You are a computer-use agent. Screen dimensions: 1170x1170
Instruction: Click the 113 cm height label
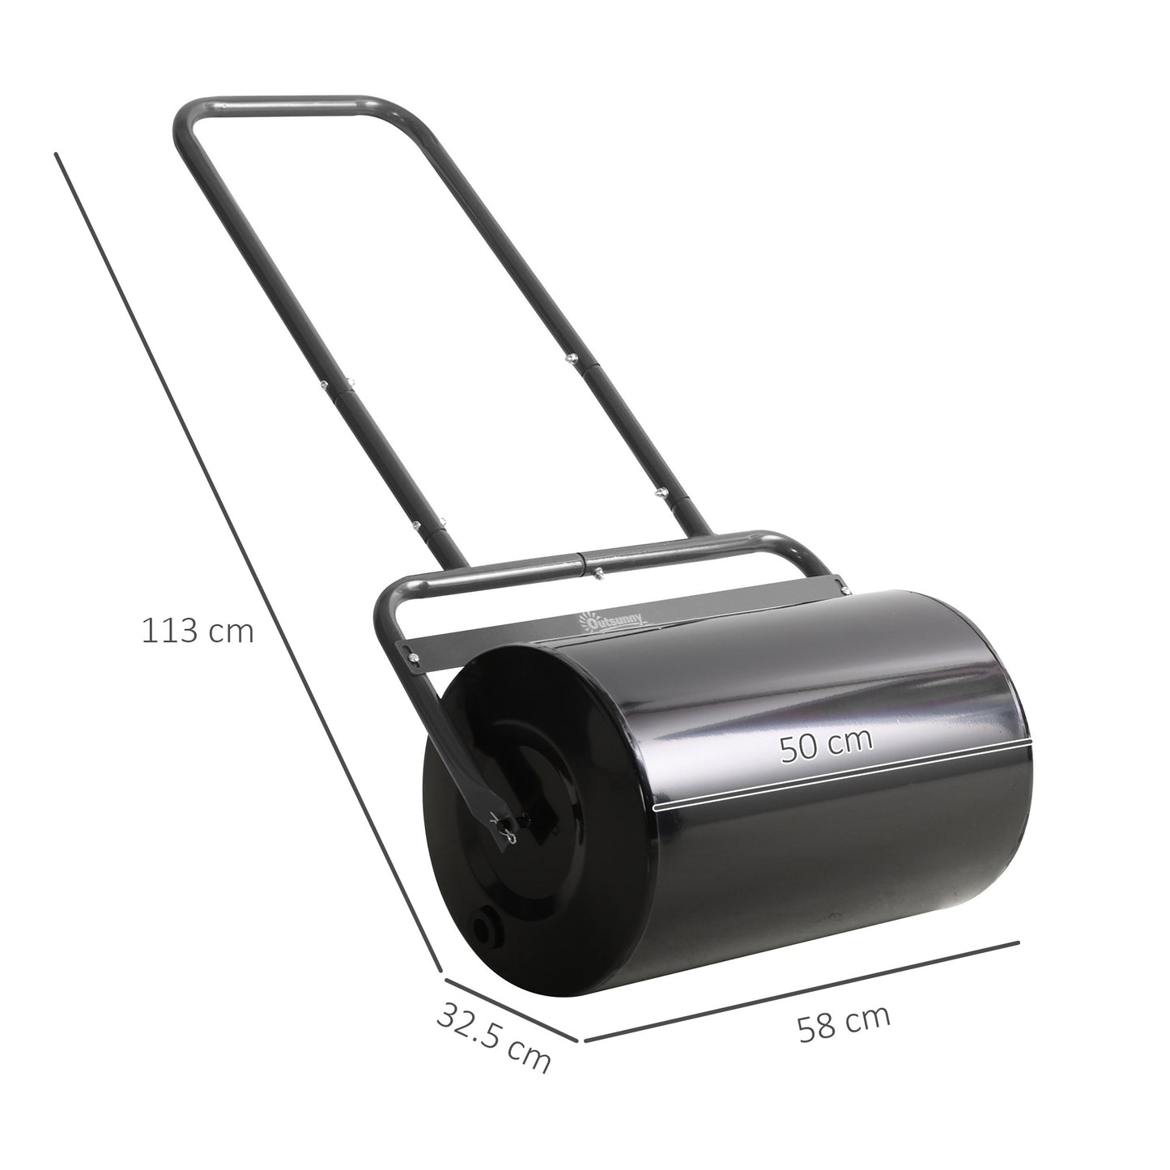(x=198, y=632)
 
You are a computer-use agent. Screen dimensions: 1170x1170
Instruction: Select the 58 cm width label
(x=844, y=1023)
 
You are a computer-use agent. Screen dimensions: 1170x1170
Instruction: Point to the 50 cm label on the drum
(x=827, y=744)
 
